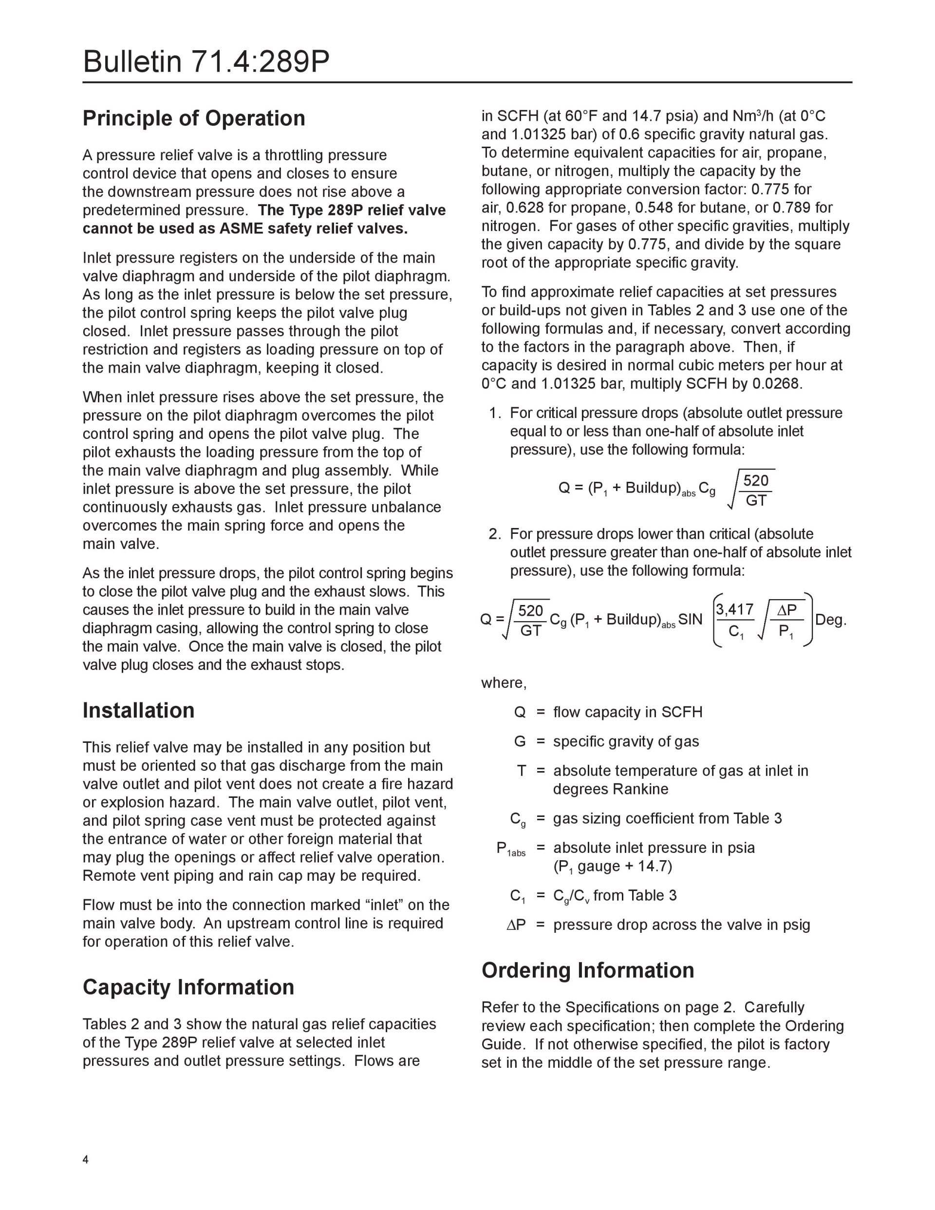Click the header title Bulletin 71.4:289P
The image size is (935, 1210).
[206, 61]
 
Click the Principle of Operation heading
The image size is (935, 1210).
[194, 118]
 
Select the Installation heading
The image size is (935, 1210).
[138, 710]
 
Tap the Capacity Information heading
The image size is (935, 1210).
[188, 987]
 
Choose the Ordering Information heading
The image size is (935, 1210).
[588, 970]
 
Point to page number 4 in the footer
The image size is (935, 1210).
[85, 1159]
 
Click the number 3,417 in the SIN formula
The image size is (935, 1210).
[734, 609]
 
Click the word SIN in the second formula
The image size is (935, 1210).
[690, 620]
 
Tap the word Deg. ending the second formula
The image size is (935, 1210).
[830, 620]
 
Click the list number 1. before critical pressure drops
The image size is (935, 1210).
[494, 413]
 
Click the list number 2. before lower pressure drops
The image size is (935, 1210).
[494, 534]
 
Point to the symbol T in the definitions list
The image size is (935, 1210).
[521, 771]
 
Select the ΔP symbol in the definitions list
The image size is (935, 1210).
[516, 925]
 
